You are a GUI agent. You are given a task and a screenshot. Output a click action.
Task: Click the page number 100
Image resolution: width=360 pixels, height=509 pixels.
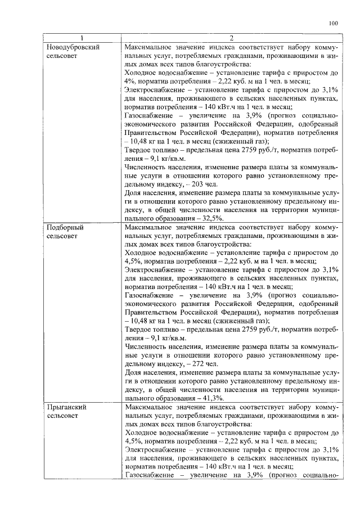coord(333,23)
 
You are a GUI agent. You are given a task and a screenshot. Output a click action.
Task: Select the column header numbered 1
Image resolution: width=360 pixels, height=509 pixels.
coord(82,38)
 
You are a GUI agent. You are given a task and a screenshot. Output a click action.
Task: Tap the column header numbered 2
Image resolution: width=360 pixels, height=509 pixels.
coord(231,38)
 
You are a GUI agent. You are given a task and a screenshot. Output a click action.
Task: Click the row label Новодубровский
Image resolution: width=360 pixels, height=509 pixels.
coord(73,47)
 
